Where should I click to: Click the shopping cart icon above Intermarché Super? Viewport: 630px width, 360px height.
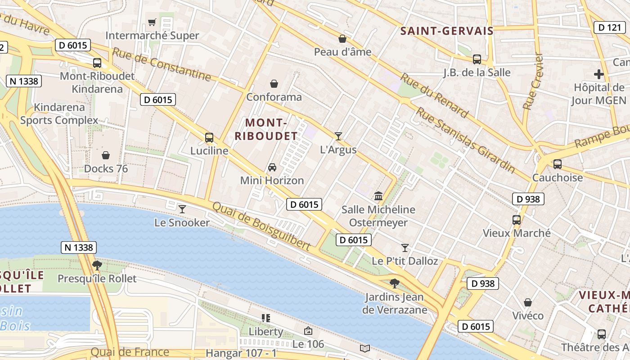152,22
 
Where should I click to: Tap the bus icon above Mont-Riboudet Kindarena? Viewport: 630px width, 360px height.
97,63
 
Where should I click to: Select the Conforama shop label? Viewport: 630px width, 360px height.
274,97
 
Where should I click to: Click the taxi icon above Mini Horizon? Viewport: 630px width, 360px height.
272,167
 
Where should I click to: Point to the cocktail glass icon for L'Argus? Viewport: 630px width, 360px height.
338,136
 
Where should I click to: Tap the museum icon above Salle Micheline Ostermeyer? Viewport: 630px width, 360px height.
378,196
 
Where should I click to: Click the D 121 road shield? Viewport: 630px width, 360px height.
609,27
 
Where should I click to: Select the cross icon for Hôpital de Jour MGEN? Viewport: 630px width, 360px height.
598,74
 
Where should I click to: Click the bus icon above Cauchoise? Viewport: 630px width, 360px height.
558,164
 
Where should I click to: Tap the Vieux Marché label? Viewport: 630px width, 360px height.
516,233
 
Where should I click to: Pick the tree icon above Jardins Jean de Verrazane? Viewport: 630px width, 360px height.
395,283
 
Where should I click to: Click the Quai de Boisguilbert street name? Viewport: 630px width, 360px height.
261,226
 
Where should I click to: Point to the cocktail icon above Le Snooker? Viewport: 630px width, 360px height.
182,209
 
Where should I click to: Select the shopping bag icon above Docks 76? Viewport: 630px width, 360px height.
106,155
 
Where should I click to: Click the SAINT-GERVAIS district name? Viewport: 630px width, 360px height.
447,31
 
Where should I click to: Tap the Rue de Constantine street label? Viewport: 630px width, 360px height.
162,64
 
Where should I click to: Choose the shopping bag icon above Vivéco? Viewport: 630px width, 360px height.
528,302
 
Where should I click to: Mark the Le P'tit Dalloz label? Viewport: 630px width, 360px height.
405,261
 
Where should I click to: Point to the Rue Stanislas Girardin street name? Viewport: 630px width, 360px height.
465,140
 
